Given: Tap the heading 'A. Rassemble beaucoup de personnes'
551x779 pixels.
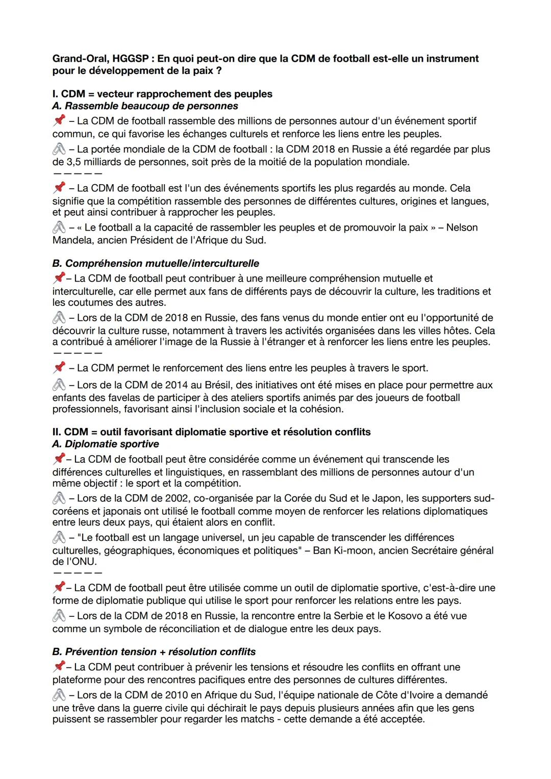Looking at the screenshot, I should point(145,106).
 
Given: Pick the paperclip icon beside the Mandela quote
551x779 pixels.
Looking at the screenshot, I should point(59,228).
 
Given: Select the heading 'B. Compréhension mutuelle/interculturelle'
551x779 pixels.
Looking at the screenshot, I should point(156,264).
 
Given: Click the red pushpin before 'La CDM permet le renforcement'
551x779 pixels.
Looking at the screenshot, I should point(59,367).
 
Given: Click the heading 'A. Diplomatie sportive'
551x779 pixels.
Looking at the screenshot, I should point(106,444).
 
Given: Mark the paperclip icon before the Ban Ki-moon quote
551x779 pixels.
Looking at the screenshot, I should point(59,538).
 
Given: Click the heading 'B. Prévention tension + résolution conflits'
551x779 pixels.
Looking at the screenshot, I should point(154,652).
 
